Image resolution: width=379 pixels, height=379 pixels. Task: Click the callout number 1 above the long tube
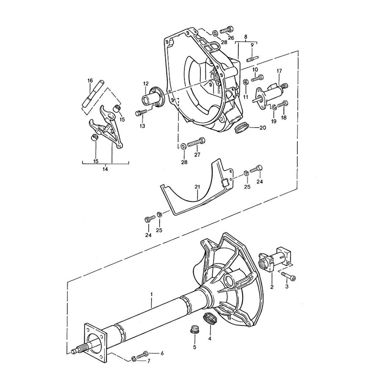coord(151,294)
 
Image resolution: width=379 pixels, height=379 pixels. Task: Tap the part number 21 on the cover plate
coord(197,186)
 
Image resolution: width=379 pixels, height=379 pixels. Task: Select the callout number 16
coord(90,80)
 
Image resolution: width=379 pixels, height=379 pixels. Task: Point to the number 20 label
coord(263,128)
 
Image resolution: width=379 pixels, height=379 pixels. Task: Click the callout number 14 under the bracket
coord(105,169)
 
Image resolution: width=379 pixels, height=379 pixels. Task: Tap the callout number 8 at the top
coord(246,37)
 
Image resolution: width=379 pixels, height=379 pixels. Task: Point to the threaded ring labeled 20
coord(241,128)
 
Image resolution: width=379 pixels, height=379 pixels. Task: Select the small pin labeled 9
coord(252,59)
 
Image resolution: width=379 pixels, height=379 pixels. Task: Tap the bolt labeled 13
coord(141,113)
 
